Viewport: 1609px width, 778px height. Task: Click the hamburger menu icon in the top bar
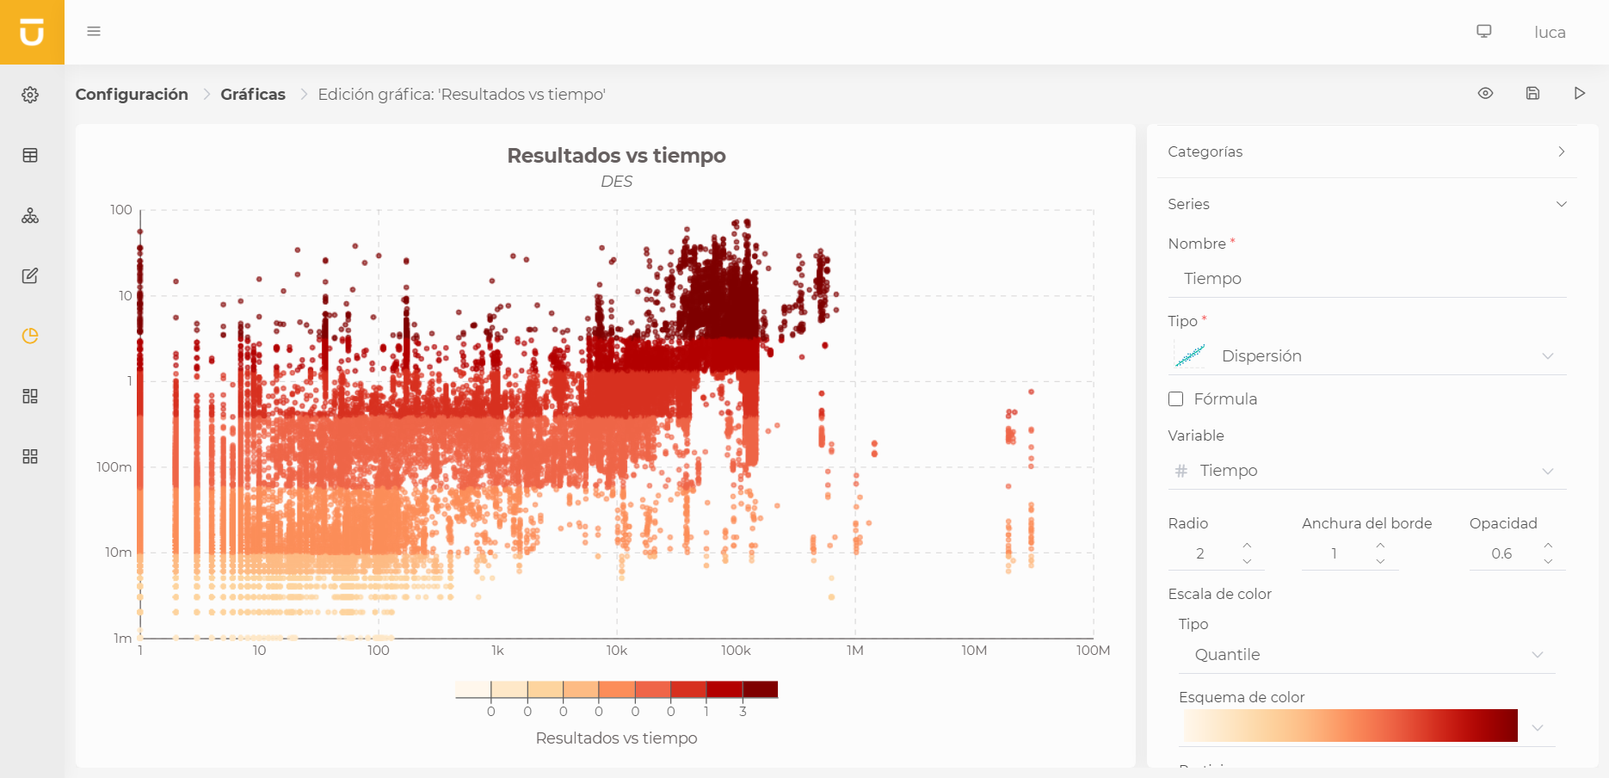pyautogui.click(x=94, y=32)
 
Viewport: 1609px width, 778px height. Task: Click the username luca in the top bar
pyautogui.click(x=1549, y=33)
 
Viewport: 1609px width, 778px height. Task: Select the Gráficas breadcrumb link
pyautogui.click(x=253, y=95)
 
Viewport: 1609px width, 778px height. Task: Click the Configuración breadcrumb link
pyautogui.click(x=132, y=95)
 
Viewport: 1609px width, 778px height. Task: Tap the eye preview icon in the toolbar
pyautogui.click(x=1485, y=94)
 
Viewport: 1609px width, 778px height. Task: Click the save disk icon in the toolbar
pyautogui.click(x=1532, y=94)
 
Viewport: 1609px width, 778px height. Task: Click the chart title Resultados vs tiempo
pyautogui.click(x=616, y=156)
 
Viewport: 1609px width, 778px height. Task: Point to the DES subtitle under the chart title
pyautogui.click(x=616, y=182)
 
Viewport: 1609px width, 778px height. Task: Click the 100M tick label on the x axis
pyautogui.click(x=1093, y=651)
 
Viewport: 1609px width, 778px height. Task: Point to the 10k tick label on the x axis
pyautogui.click(x=616, y=651)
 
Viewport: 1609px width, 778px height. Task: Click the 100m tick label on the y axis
pyautogui.click(x=114, y=467)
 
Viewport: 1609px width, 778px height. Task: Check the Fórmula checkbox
pyautogui.click(x=1176, y=399)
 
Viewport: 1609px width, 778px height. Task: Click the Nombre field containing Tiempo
pyautogui.click(x=1366, y=279)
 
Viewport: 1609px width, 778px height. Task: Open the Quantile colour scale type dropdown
pyautogui.click(x=1366, y=655)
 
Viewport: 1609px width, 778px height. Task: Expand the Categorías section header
pyautogui.click(x=1366, y=151)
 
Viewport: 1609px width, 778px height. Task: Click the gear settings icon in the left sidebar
pyautogui.click(x=30, y=95)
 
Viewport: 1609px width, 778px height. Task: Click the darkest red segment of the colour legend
pyautogui.click(x=760, y=689)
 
